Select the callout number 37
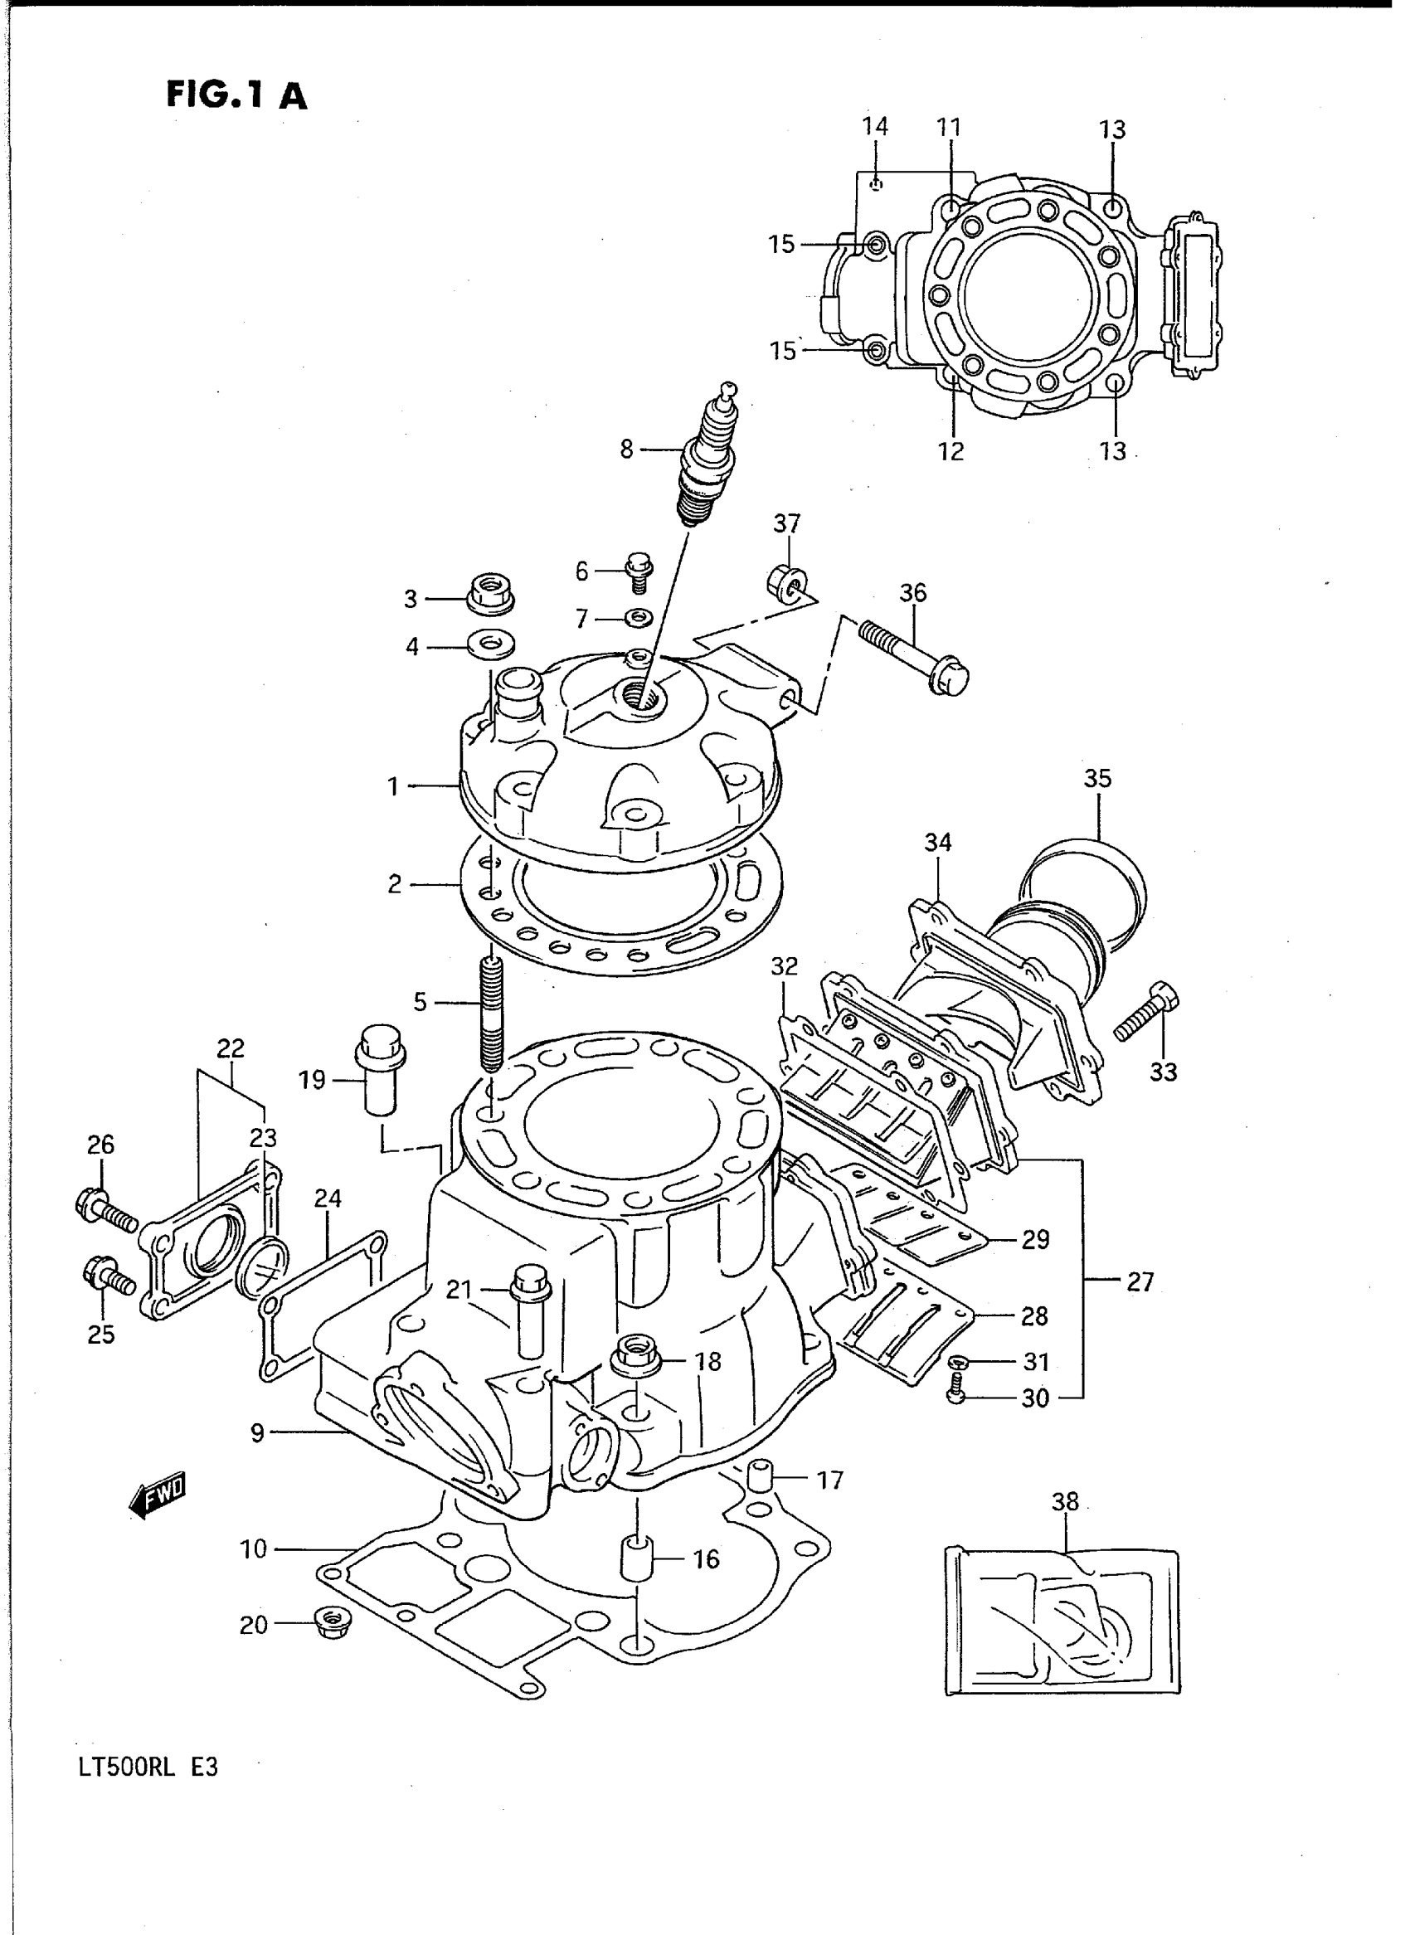click(787, 523)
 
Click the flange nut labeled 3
click(492, 591)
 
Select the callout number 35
click(1097, 779)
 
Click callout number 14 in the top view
click(875, 126)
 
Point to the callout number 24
click(328, 1199)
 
